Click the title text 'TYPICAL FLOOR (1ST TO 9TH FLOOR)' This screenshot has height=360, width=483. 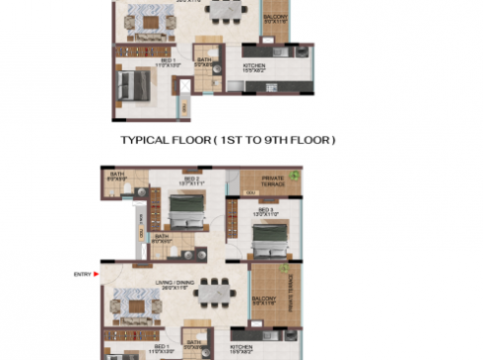228,141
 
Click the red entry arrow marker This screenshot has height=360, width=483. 97,274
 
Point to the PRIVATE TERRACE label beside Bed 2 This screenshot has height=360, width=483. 273,180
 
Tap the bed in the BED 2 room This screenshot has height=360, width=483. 184,209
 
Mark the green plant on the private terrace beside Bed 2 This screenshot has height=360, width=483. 294,176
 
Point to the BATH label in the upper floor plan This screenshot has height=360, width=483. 203,60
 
